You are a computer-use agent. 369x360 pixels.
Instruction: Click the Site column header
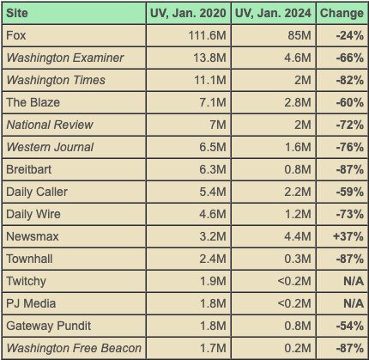(17, 13)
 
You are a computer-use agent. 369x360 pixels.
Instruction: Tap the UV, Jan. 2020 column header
(188, 13)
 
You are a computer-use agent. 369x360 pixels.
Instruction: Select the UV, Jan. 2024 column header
(273, 13)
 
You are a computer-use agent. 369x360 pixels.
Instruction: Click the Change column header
(342, 13)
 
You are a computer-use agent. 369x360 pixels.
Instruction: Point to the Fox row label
(16, 35)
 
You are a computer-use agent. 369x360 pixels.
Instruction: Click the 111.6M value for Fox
(207, 35)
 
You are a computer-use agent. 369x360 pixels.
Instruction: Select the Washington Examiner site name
(65, 58)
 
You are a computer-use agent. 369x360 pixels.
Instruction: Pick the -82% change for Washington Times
(350, 80)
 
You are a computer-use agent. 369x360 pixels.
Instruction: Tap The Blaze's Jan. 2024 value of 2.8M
(298, 102)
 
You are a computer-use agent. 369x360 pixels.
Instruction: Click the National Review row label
(50, 125)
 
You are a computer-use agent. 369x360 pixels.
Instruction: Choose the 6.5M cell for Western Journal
(213, 147)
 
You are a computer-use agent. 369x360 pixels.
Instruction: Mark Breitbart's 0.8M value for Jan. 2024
(298, 169)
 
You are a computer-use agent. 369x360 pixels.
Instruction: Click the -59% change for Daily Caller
(350, 192)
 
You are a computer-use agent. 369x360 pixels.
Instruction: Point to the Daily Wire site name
(33, 215)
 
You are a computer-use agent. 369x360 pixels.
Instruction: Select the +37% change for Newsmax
(348, 236)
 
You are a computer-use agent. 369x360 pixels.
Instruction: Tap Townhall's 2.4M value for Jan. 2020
(213, 259)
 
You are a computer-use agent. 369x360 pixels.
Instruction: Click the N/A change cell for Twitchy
(354, 281)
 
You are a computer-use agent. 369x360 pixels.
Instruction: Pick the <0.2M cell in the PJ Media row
(294, 303)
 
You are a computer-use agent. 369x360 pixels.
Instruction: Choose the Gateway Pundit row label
(49, 326)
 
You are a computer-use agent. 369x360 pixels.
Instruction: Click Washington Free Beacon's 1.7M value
(213, 348)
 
